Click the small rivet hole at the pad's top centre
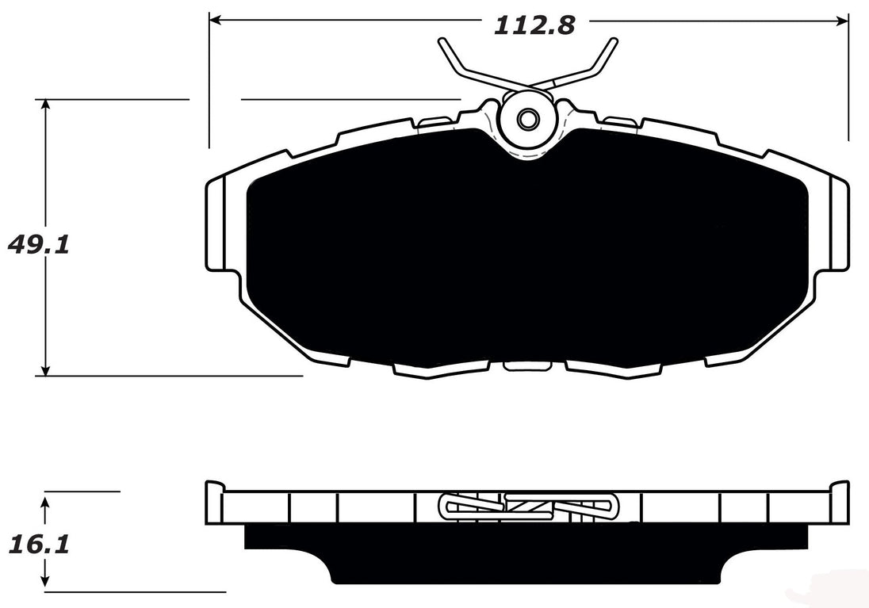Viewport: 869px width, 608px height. [527, 120]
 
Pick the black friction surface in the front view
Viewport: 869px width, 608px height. [523, 254]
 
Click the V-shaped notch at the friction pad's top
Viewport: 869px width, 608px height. [527, 151]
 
